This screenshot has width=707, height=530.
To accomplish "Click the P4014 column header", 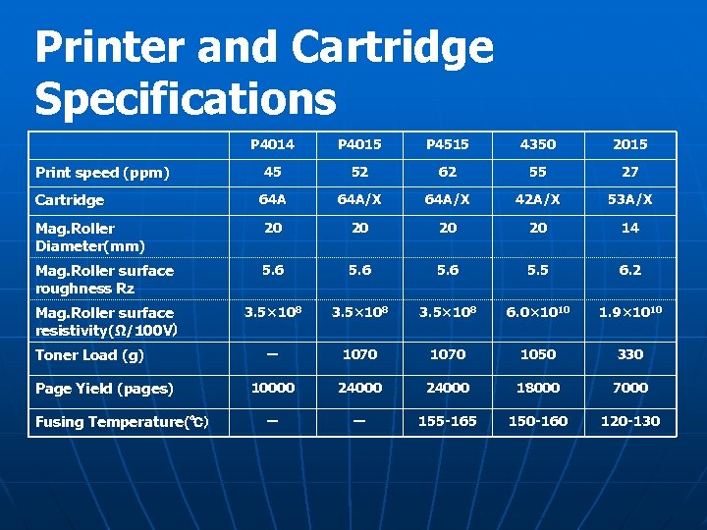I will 272,144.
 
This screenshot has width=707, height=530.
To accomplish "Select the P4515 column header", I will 447,144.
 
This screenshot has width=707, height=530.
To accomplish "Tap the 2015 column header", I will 629,144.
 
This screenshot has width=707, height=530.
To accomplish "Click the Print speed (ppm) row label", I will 102,173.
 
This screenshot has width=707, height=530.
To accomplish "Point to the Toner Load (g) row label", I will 89,355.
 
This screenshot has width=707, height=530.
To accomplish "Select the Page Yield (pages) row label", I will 104,389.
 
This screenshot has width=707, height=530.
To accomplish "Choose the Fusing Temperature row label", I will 119,422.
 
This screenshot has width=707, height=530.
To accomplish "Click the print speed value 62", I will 448,172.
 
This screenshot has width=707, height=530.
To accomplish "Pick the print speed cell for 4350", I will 538,172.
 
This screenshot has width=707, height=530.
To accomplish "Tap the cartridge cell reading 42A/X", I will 538,199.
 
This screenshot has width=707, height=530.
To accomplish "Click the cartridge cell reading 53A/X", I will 629,199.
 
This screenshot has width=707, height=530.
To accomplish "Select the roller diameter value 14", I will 629,228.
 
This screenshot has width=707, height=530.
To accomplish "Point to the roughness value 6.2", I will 629,270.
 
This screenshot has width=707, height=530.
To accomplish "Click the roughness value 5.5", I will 538,270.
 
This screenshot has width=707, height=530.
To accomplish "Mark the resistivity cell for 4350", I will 538,313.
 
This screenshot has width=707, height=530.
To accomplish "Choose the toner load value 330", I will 629,354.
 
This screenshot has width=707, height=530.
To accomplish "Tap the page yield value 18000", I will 538,388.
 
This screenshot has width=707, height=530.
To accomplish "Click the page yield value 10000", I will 272,388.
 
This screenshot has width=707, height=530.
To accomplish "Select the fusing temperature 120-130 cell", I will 629,421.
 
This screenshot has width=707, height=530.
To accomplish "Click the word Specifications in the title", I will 185,98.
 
